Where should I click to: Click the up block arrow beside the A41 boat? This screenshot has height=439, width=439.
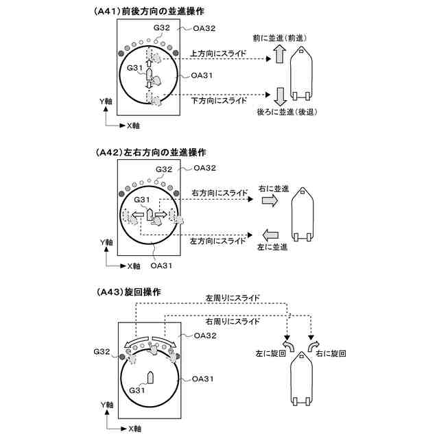point(279,56)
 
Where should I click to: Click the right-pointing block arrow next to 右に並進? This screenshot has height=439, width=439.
point(270,200)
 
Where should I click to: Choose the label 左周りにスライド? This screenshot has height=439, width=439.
point(233,299)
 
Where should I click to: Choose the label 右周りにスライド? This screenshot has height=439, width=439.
point(233,320)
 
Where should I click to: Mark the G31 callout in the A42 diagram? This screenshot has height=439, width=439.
point(142,200)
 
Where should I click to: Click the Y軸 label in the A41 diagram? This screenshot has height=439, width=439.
point(105,101)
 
